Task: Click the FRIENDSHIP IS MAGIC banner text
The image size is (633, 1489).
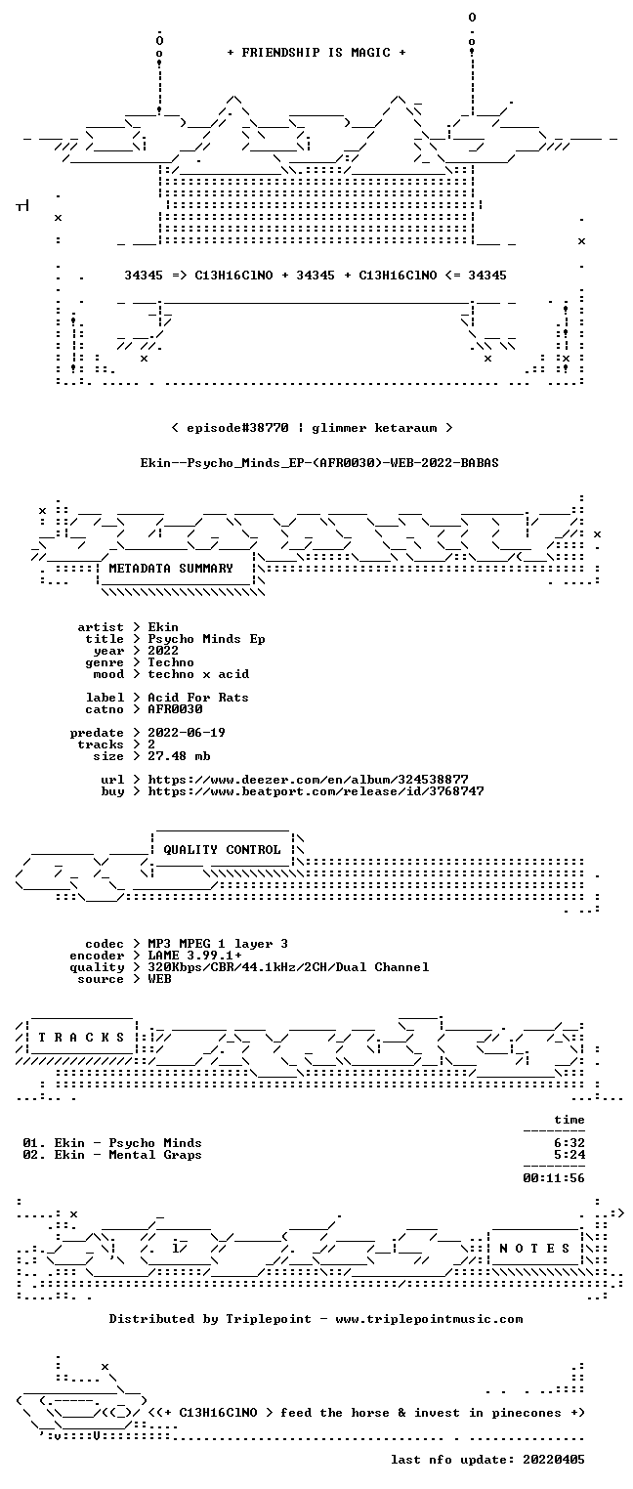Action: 316,53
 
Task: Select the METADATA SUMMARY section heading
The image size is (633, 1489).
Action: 171,569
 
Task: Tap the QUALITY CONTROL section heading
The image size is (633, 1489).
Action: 222,849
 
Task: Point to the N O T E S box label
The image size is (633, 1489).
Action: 534,1248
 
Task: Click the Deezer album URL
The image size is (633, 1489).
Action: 308,779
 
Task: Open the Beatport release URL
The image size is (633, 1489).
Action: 316,791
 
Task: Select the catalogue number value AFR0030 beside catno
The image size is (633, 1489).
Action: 175,709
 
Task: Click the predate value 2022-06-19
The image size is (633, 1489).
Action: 187,733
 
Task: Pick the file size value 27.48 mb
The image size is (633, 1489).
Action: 179,756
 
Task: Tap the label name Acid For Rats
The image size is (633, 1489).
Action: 198,698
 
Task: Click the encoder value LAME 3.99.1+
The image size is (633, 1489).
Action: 194,956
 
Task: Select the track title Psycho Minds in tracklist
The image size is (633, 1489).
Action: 155,1143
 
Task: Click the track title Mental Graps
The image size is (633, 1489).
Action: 155,1155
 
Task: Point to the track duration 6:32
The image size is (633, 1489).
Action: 570,1143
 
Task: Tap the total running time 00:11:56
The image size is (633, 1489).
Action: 554,1178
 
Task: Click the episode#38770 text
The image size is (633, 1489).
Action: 237,427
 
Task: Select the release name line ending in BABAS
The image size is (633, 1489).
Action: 319,463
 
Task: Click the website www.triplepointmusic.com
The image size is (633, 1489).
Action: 429,1319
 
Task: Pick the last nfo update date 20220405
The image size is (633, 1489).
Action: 554,1459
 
